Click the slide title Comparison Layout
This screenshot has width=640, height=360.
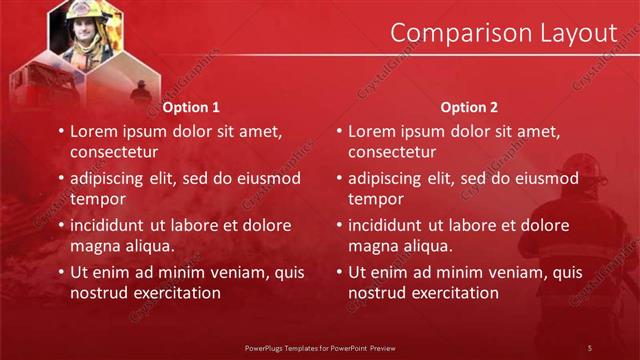coord(502,32)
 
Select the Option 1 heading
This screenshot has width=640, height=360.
coord(190,107)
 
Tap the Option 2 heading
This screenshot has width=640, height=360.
coord(468,107)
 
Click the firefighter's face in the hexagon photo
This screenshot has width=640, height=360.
coord(80,29)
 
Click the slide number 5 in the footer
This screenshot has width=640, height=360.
coord(589,347)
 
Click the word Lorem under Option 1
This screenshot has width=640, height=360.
coord(96,131)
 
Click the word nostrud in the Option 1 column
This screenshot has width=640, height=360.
coord(99,293)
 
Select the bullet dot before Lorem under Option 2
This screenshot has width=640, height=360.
coord(339,131)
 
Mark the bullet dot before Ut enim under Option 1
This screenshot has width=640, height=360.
coord(61,272)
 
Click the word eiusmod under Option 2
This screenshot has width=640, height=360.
coord(545,178)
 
